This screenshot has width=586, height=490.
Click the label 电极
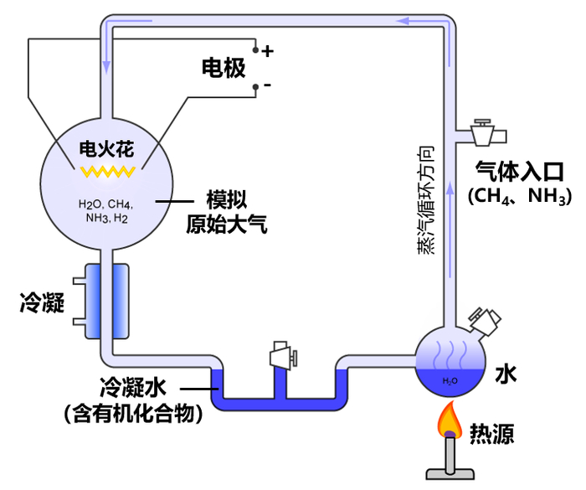224,69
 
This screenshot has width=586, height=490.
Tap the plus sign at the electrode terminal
268,51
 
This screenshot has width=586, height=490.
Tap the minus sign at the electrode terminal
268,85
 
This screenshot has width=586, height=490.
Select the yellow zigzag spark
107,172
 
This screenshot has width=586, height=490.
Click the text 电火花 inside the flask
107,148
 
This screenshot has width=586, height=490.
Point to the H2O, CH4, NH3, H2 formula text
105,210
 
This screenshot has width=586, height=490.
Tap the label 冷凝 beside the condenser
42,303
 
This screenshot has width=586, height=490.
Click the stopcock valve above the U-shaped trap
281,357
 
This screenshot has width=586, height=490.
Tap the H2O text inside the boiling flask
450,381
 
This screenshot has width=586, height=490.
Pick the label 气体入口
520,172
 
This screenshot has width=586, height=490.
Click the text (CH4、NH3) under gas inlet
520,198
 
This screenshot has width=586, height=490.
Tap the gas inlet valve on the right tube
484,132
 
